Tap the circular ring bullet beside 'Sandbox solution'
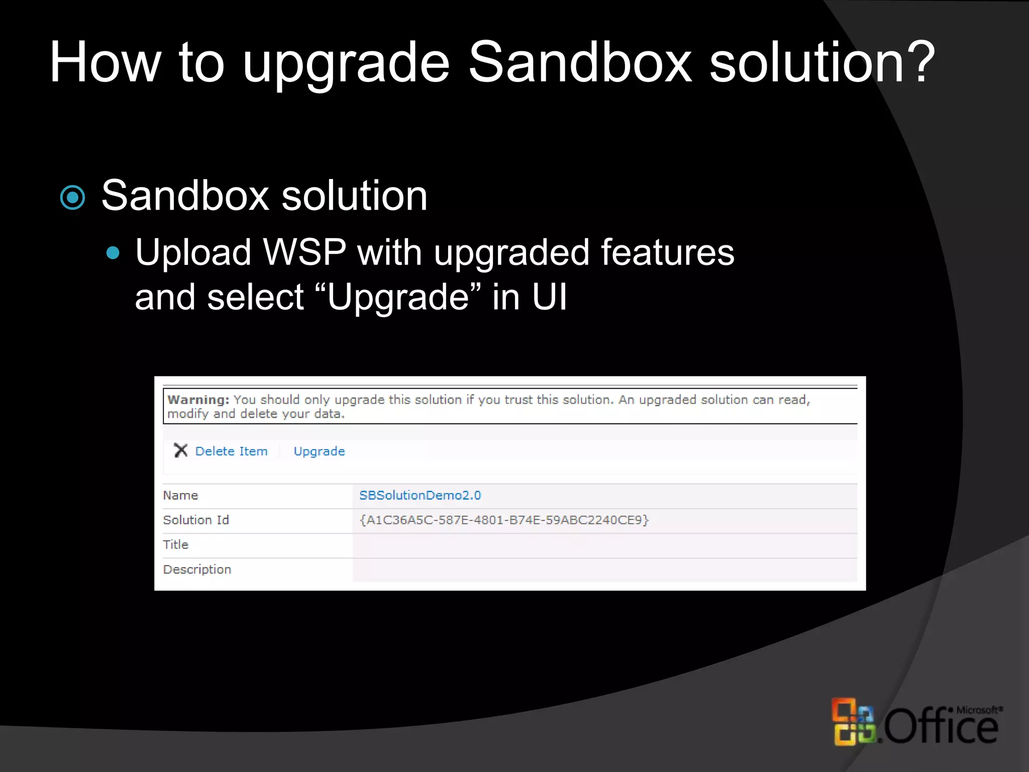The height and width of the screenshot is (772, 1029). click(x=73, y=198)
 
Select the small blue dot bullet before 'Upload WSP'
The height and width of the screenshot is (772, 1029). click(x=113, y=252)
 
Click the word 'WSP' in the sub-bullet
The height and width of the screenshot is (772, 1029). click(x=304, y=252)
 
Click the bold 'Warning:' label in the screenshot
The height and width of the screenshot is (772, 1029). click(x=198, y=400)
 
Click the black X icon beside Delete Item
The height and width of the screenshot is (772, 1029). click(x=180, y=450)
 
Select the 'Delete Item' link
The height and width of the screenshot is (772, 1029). click(x=231, y=451)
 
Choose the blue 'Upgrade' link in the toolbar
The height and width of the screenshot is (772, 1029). click(x=319, y=451)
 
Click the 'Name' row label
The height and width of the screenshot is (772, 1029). click(x=180, y=496)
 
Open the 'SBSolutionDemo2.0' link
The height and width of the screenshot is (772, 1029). click(x=420, y=496)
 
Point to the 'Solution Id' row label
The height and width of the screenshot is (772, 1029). click(x=196, y=520)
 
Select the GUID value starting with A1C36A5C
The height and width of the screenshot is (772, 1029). click(x=504, y=520)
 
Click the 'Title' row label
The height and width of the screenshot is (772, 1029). click(x=175, y=545)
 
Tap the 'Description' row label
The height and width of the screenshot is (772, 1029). click(x=197, y=569)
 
